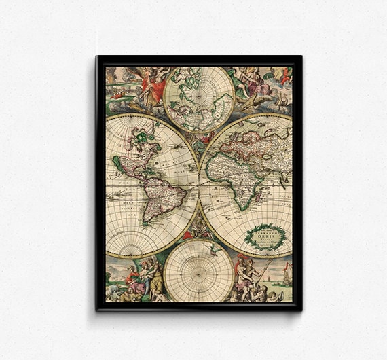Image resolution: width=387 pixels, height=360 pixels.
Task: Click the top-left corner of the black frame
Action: point(98,57)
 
